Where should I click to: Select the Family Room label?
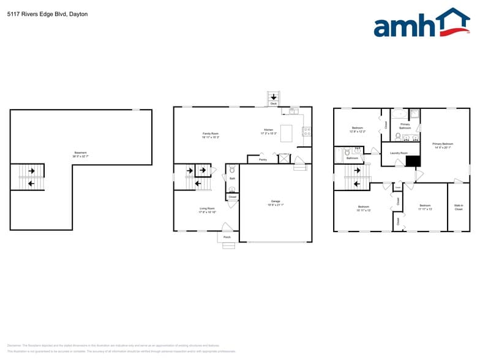[x=211, y=133]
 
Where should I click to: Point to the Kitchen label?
[x=269, y=130]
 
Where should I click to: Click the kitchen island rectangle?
[x=287, y=133]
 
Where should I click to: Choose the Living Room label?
[x=207, y=208]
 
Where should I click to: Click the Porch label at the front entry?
[x=227, y=237]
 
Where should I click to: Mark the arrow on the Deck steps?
[x=273, y=97]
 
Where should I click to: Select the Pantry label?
[x=263, y=160]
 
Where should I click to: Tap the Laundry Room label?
[x=399, y=152]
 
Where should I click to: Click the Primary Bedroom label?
[x=443, y=143]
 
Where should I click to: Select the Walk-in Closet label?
[x=459, y=207]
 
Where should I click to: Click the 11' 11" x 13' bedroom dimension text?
[x=426, y=209]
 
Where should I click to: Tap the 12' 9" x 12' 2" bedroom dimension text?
[x=358, y=132]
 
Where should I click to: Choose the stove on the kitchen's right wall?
[x=307, y=129]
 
